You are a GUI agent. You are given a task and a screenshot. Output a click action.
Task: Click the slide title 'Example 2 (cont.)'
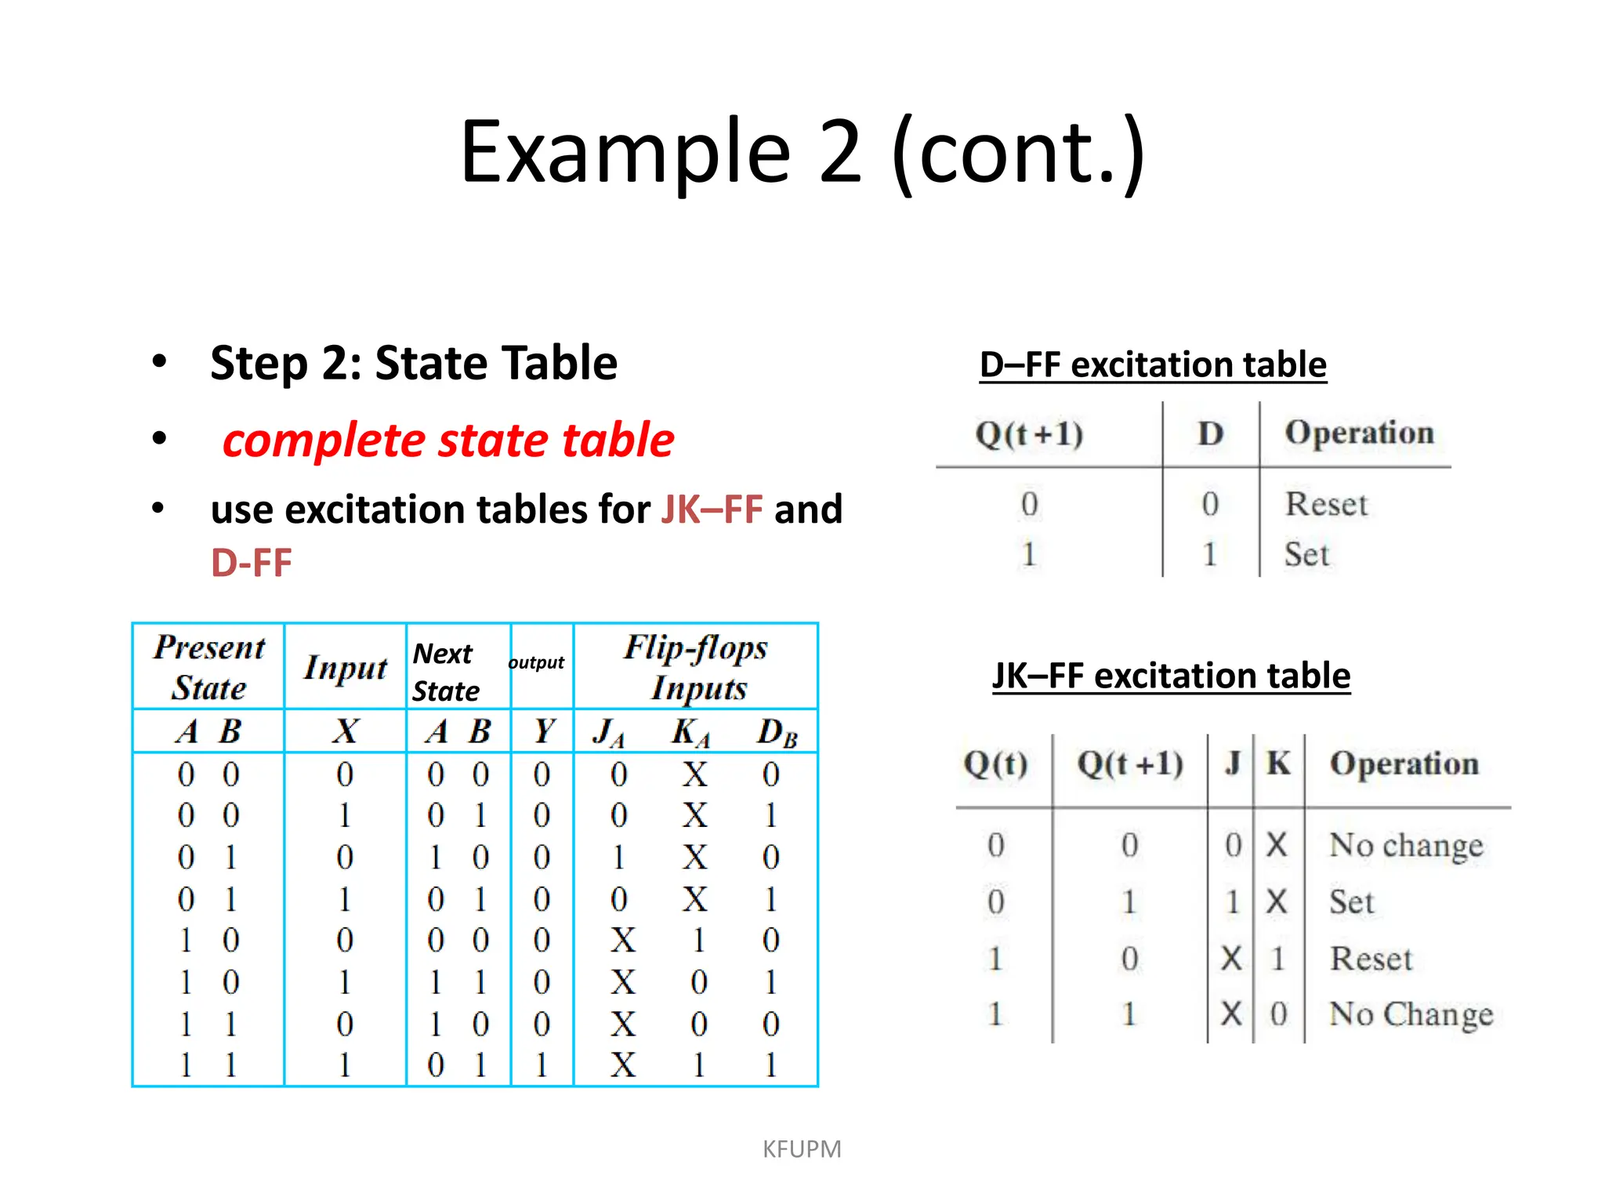802,152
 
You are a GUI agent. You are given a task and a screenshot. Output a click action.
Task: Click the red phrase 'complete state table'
447,441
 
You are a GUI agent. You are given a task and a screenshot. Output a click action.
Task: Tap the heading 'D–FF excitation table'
1153,365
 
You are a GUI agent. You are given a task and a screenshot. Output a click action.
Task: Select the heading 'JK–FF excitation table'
1171,676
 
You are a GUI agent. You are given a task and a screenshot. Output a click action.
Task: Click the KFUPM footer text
802,1149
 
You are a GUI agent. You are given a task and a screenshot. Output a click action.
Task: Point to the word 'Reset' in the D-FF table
1326,504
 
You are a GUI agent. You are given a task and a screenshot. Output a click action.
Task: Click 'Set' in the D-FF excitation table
1306,554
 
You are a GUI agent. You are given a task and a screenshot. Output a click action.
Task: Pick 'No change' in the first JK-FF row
1406,845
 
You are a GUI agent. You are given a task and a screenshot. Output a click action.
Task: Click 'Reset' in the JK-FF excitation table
1371,959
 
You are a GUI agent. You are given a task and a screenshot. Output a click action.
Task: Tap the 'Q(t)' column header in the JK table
995,763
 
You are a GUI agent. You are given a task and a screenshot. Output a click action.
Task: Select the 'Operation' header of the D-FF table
1359,433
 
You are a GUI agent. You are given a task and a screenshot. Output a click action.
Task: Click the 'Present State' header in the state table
209,667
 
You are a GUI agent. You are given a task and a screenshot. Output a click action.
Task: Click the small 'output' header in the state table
536,663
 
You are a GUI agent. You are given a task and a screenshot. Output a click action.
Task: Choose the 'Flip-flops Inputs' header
696,667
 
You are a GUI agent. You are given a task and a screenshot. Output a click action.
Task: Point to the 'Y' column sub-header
542,731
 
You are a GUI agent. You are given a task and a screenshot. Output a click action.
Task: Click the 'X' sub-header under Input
345,731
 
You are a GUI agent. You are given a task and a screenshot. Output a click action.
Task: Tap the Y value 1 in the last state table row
541,1065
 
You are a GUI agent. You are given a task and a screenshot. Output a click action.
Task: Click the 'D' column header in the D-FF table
1210,433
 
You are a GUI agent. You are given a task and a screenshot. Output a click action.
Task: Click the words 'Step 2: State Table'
414,364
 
